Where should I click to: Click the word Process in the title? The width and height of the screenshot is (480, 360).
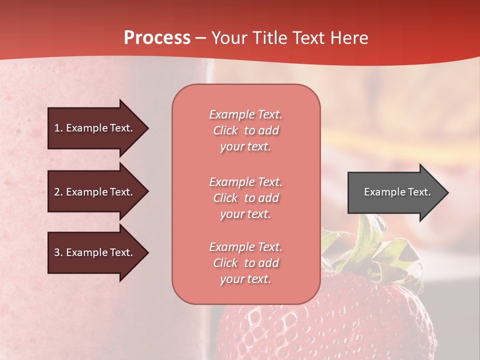pos(157,38)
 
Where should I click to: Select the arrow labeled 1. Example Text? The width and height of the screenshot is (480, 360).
pos(95,128)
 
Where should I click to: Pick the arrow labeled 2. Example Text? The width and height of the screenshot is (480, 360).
pos(95,192)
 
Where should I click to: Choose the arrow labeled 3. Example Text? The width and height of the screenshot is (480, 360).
pos(95,252)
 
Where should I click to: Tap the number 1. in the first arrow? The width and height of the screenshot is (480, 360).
pos(58,128)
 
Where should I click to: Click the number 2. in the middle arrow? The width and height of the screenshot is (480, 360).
pos(58,192)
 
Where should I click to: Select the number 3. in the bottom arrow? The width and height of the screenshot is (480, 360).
pos(58,252)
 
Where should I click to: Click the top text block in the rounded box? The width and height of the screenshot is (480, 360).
pos(245,130)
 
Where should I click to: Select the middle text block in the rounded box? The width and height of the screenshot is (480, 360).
pos(245,198)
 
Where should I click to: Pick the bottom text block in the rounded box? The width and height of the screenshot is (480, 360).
pos(245,263)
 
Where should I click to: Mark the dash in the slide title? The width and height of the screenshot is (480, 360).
pos(201,38)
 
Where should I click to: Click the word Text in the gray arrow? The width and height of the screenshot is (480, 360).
pos(419,192)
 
